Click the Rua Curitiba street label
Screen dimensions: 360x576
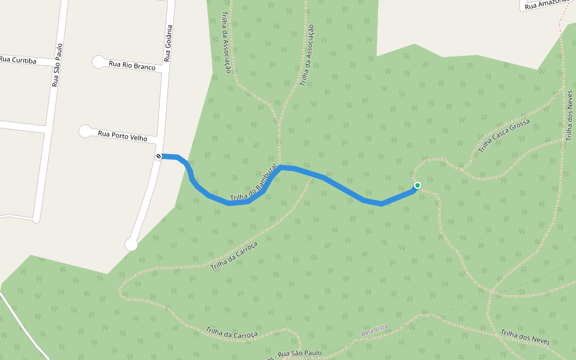[18, 61]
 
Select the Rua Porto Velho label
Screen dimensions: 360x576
[122, 136]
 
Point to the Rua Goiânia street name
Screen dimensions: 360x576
[169, 43]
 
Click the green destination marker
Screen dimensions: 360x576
[418, 185]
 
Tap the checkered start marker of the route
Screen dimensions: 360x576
[159, 157]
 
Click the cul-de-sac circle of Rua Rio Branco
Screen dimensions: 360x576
[98, 61]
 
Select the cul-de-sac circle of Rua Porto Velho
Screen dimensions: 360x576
[85, 131]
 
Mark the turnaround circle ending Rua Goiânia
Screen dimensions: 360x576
[131, 244]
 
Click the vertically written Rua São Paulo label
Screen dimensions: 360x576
[57, 65]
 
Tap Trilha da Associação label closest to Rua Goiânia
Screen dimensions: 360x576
[226, 43]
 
